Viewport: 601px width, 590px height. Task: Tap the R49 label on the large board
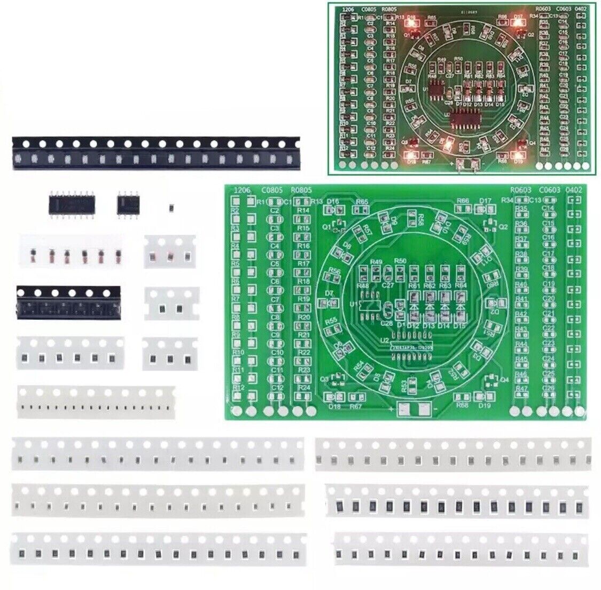pyautogui.click(x=376, y=262)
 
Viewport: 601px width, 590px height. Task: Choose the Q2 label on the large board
pyautogui.click(x=503, y=226)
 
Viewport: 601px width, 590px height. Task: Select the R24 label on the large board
pyautogui.click(x=304, y=387)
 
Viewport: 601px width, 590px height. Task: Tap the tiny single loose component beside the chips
pyautogui.click(x=171, y=206)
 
